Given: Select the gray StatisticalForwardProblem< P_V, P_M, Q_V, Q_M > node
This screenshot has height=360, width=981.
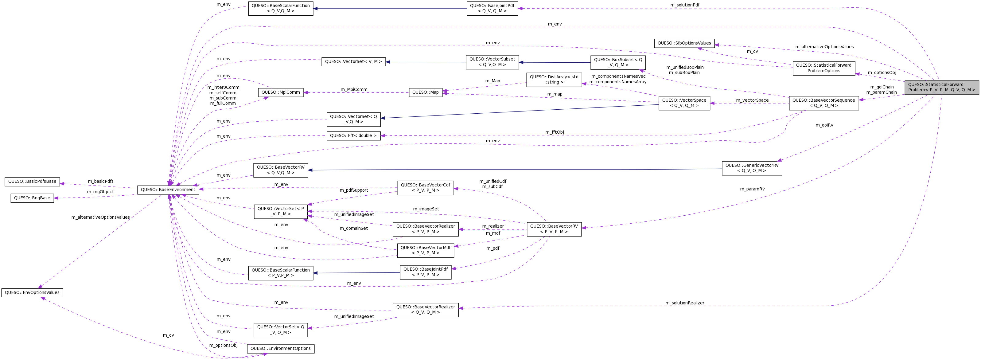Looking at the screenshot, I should click(941, 87).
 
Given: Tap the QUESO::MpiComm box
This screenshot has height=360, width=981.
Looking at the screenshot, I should click(281, 92).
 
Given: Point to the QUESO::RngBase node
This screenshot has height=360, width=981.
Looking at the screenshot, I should click(32, 198).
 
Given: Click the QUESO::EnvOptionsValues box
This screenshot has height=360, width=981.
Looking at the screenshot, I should click(32, 292).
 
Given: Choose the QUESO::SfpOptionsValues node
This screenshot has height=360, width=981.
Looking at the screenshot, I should click(684, 43).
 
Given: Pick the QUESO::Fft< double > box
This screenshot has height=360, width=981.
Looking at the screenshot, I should click(353, 136).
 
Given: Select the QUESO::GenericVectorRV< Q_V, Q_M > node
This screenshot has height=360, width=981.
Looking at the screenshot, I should click(751, 168).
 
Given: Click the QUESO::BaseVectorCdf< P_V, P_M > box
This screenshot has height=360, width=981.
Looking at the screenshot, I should click(425, 188).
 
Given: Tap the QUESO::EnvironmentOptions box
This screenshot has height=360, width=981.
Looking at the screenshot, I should click(280, 349).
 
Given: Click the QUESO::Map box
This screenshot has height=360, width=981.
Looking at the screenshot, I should click(425, 92).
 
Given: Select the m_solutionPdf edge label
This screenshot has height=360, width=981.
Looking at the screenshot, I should click(685, 5).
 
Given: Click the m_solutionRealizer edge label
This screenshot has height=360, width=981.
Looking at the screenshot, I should click(685, 303).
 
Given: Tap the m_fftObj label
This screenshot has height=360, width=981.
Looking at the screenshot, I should click(555, 132).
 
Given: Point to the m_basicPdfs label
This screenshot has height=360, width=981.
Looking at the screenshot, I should click(100, 181).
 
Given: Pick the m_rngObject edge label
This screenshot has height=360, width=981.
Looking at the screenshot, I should click(100, 192).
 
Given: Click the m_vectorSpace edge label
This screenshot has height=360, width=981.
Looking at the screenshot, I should click(752, 100).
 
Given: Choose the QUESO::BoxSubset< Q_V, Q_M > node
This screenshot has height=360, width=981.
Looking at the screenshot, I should click(618, 62).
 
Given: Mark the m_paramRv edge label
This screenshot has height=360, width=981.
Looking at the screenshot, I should click(752, 189).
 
